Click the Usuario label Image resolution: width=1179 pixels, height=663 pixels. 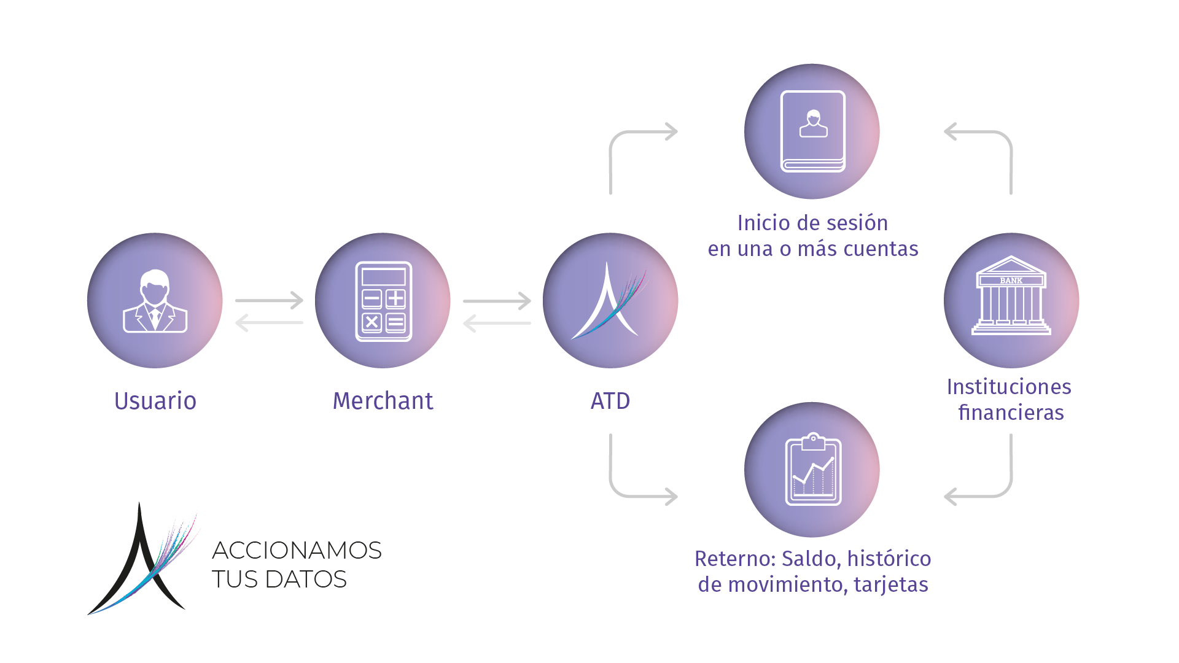click(x=155, y=401)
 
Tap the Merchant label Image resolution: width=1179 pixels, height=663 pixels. click(x=383, y=401)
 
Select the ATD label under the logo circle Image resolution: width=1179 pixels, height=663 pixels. click(x=610, y=401)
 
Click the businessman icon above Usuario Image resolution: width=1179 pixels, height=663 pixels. click(x=155, y=301)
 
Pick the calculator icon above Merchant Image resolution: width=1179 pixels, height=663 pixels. click(x=383, y=301)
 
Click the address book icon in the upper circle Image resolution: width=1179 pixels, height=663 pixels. click(x=812, y=131)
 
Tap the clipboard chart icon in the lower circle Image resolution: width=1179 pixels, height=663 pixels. click(x=813, y=470)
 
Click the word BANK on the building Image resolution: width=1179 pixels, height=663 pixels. click(x=1011, y=281)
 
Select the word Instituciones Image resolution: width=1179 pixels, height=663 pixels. click(x=1009, y=387)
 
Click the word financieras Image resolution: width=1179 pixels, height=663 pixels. click(x=1011, y=413)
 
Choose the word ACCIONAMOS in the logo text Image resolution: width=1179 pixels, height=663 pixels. click(x=297, y=551)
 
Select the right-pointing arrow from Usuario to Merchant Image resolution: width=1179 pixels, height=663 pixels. click(x=269, y=300)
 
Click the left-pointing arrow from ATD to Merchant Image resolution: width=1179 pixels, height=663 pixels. click(x=497, y=323)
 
